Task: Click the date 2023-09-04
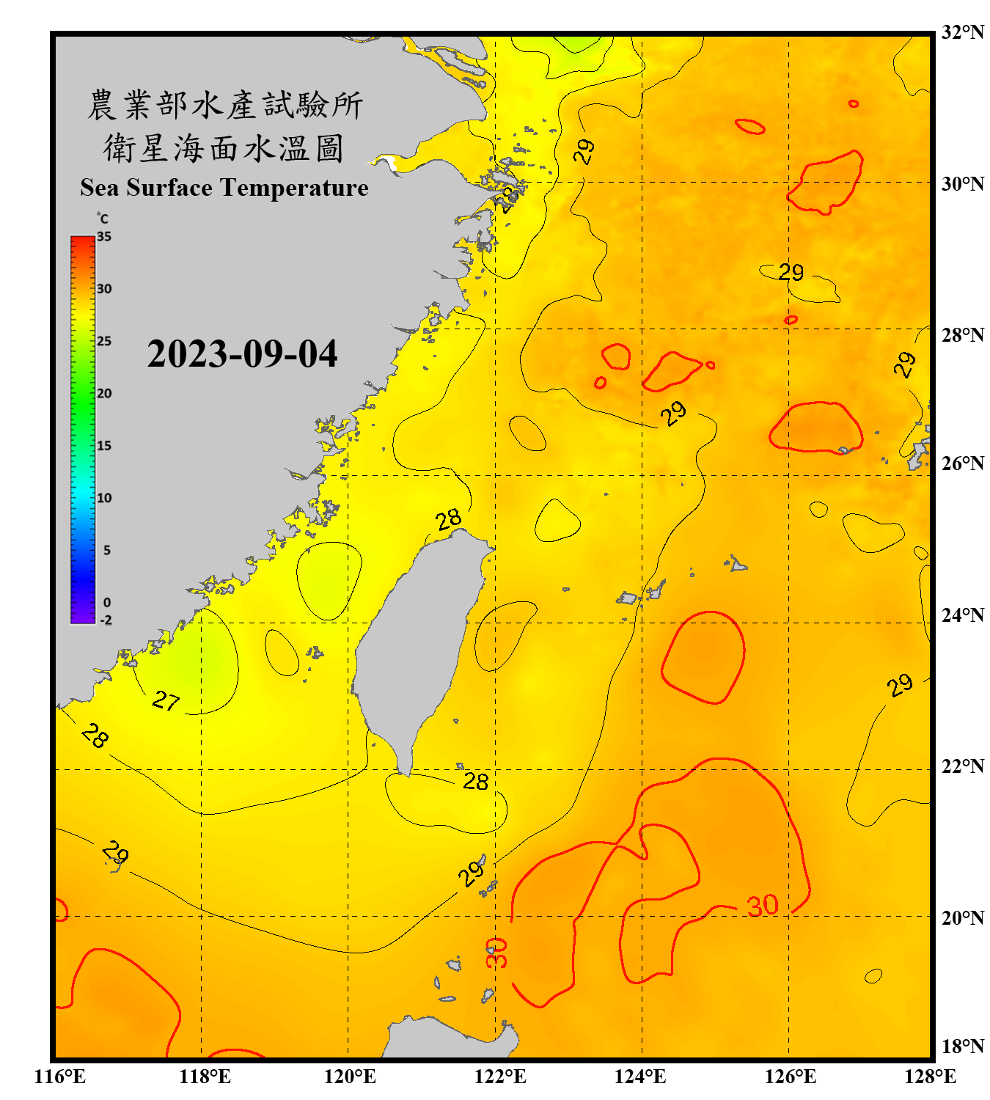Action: tap(242, 354)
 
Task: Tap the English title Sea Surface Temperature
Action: tap(224, 188)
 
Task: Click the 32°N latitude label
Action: tap(962, 32)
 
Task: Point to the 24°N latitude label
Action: tap(962, 615)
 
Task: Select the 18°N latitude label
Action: tap(962, 1046)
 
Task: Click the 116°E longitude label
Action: tap(59, 1077)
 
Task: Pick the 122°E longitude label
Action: tap(500, 1077)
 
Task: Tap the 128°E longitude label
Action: tap(930, 1077)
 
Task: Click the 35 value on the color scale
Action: tap(104, 237)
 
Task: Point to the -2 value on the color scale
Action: tap(106, 620)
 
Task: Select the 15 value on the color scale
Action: tap(104, 446)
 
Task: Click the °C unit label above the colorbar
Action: tap(103, 219)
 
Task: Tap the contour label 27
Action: tap(166, 701)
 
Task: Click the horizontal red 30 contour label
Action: tap(763, 906)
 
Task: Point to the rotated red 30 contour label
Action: tap(496, 952)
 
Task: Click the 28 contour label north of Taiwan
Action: tap(448, 520)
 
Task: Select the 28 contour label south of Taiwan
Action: tap(475, 782)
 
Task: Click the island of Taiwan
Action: tap(414, 645)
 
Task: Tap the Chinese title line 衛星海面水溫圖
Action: tap(224, 148)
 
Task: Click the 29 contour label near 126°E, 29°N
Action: tap(791, 273)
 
